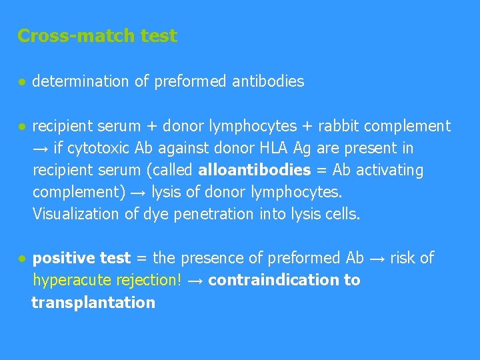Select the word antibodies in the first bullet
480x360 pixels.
click(x=268, y=81)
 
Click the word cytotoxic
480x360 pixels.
click(x=97, y=148)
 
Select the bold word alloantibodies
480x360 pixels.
click(x=255, y=170)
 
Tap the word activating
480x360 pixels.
click(x=389, y=170)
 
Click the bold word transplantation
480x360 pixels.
click(x=93, y=303)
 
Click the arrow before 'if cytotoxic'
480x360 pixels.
click(x=41, y=148)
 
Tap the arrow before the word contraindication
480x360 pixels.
click(x=195, y=280)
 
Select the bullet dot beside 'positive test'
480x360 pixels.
click(x=22, y=258)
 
